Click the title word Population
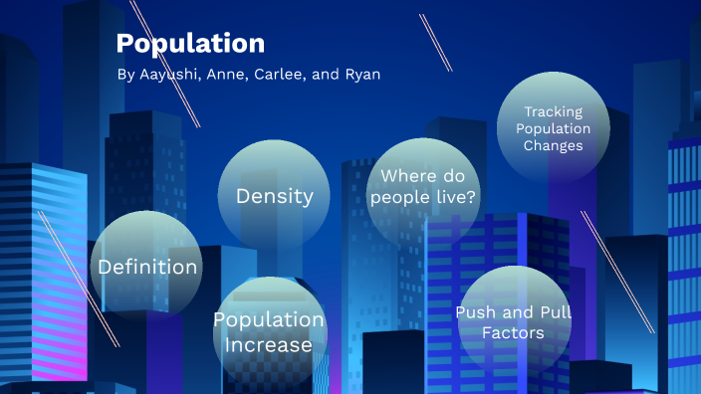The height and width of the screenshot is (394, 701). (x=190, y=44)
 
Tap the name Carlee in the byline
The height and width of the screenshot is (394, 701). (x=279, y=77)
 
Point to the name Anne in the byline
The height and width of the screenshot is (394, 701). (x=226, y=77)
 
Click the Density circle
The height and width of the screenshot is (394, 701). (x=274, y=194)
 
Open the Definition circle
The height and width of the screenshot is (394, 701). (x=147, y=267)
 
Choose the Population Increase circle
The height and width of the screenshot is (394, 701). (x=268, y=332)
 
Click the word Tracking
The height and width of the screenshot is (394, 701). (x=553, y=112)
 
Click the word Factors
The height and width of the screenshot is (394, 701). (x=513, y=332)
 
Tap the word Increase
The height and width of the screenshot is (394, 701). (x=268, y=345)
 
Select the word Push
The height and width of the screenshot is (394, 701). (x=475, y=312)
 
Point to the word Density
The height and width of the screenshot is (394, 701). (x=274, y=196)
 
